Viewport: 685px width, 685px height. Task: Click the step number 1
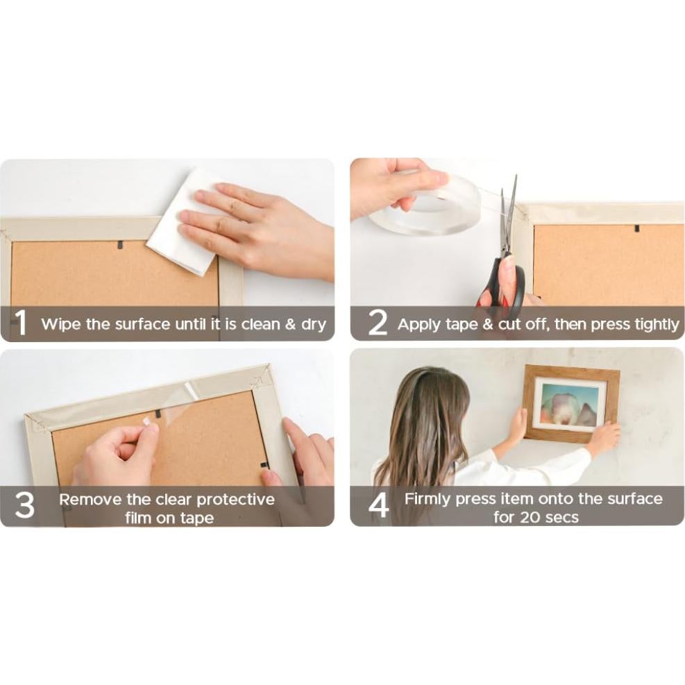point(21,323)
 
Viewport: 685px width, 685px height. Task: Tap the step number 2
point(377,323)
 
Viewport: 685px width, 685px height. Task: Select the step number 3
point(24,507)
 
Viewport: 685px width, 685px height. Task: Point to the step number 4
point(378,507)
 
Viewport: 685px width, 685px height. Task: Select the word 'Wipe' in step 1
point(61,324)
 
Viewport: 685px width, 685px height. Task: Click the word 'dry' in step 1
point(314,324)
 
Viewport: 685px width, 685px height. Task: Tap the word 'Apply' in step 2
point(419,324)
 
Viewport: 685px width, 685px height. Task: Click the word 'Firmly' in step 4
point(428,499)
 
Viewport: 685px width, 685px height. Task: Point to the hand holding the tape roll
point(392,184)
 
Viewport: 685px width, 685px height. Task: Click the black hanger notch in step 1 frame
point(119,244)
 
